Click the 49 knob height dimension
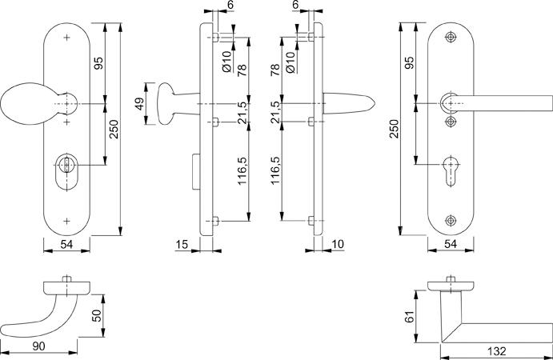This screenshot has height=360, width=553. pos(140,104)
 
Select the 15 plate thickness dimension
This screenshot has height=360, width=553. pos(182,244)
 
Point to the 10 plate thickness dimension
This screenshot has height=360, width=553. pos(338,244)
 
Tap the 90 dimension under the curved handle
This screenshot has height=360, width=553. pos(38,346)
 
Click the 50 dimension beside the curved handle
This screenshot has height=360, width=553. pos(97,315)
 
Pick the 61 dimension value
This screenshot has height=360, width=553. pos(409,317)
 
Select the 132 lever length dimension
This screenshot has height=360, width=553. pos(496,351)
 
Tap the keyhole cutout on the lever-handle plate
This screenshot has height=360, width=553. pos(451,170)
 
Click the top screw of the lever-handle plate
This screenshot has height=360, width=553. pos(451,37)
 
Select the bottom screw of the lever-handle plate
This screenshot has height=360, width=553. pos(451,220)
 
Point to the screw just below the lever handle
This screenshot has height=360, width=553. pos(451,122)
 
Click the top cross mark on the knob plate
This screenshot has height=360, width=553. pos(66,38)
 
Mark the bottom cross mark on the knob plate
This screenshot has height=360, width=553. pos(66,221)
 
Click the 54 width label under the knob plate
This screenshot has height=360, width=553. pos(66,244)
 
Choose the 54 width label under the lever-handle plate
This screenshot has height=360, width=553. pos(451,244)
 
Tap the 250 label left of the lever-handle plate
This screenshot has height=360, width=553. pos(395,129)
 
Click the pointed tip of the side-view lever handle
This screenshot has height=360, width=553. pos(375,104)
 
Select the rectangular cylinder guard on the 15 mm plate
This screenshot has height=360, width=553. pos(196,171)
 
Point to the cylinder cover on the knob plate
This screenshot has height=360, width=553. pos(66,172)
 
